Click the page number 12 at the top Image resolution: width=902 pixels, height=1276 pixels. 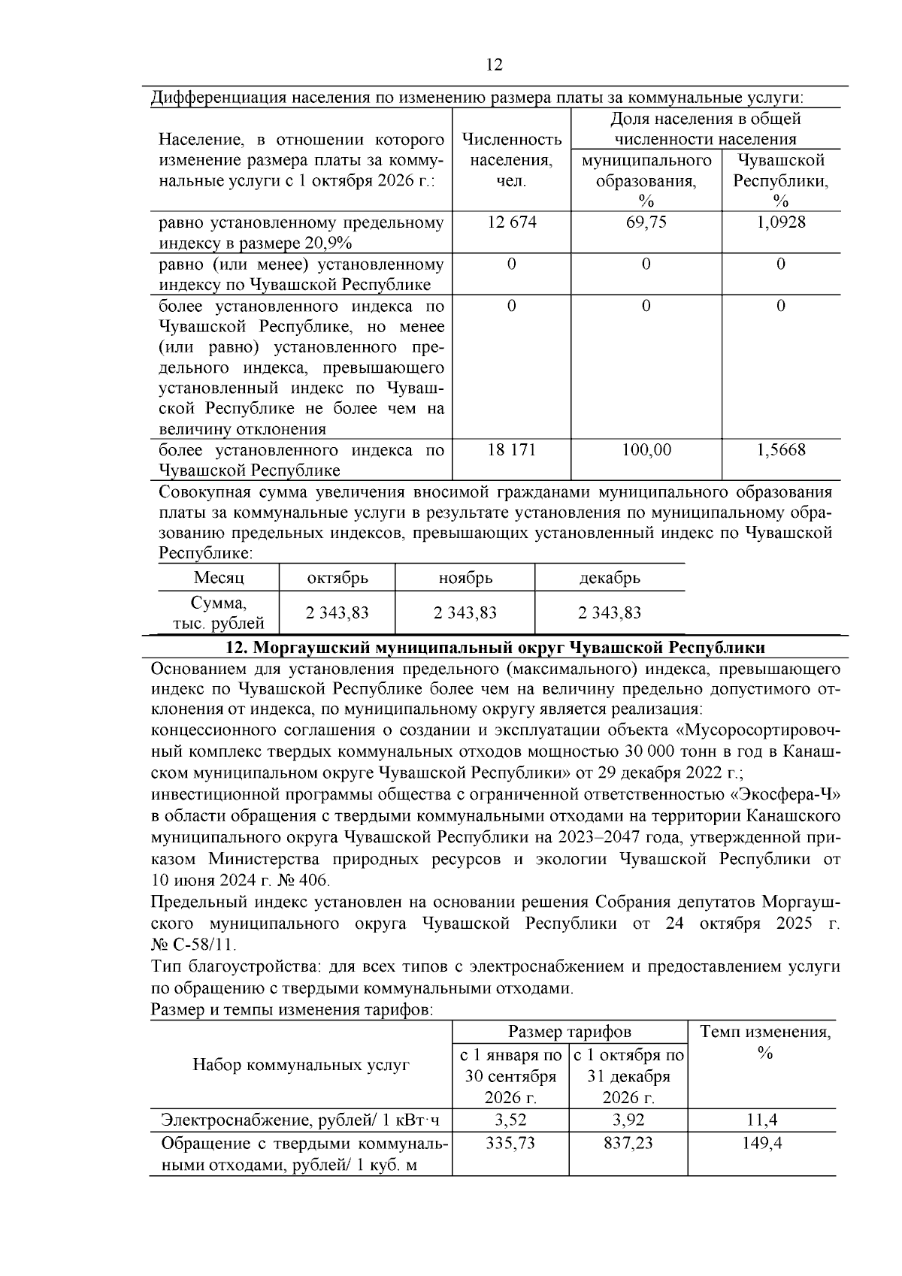click(494, 65)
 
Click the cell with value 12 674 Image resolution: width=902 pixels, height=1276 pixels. click(511, 222)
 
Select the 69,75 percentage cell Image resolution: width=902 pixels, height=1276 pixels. click(646, 222)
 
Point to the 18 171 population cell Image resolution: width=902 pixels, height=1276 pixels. click(511, 450)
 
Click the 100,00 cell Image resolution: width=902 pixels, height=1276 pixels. click(646, 450)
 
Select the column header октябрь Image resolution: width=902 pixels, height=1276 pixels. click(337, 578)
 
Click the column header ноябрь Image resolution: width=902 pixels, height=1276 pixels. click(465, 578)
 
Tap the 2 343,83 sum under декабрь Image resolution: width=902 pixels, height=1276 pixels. click(609, 612)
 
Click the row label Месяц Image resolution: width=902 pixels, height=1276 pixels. click(219, 578)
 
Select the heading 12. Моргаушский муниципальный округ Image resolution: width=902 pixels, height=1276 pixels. click(495, 648)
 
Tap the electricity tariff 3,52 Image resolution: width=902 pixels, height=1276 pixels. click(510, 1120)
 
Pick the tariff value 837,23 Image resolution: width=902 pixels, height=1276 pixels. click(628, 1143)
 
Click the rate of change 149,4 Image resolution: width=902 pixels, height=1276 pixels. click(761, 1143)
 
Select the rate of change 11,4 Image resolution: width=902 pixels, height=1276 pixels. click(761, 1120)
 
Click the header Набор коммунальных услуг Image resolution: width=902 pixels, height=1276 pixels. click(301, 1065)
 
